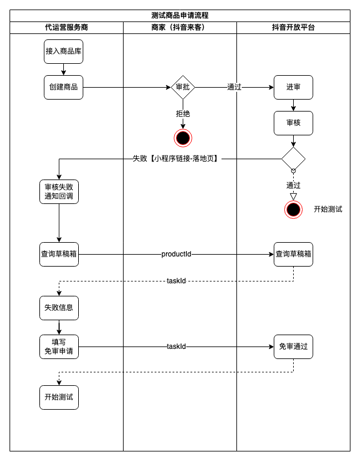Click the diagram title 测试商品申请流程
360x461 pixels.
coord(180,16)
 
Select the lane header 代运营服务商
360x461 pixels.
coord(66,27)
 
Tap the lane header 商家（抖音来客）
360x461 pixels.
coord(180,27)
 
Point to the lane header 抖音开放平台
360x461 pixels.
coord(293,27)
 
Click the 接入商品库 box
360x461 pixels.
coord(63,51)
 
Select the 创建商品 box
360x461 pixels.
coord(63,87)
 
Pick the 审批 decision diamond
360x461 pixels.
coord(183,87)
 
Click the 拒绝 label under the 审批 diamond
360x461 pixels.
coord(183,113)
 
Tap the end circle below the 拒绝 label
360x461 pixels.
coord(183,138)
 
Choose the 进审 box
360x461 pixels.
coord(293,87)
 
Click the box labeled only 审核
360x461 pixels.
coord(293,123)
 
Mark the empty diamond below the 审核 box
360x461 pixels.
coord(293,159)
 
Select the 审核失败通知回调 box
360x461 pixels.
coord(59,191)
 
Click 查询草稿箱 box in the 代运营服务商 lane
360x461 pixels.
coord(59,254)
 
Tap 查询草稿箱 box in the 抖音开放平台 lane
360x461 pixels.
coord(293,254)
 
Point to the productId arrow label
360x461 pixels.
coord(176,254)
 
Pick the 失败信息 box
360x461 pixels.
coord(59,308)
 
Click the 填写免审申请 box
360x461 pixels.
coord(59,346)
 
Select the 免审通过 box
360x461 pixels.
coord(293,346)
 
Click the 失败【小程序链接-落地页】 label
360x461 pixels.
coord(176,159)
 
